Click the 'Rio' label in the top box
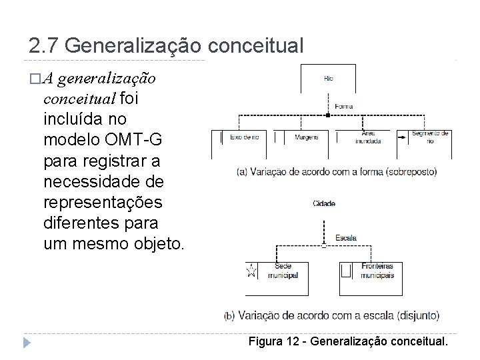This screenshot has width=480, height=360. tap(329, 79)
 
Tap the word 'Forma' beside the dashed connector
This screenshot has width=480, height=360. tap(344, 107)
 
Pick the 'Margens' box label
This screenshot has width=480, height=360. tap(306, 137)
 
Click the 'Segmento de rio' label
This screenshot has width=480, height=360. tap(431, 137)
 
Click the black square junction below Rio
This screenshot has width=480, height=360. tap(328, 115)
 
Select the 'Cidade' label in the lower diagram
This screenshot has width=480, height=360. tap(324, 203)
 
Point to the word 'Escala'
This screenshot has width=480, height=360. tap(346, 237)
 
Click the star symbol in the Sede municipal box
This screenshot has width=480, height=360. tap(251, 271)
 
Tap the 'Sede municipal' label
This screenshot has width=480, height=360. tap(281, 271)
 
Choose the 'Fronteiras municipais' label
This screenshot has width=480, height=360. tap(378, 271)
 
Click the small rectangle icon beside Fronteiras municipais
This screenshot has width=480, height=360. tap(345, 270)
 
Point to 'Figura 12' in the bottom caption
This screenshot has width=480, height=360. tap(275, 342)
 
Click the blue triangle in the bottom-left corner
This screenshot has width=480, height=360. tap(27, 343)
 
